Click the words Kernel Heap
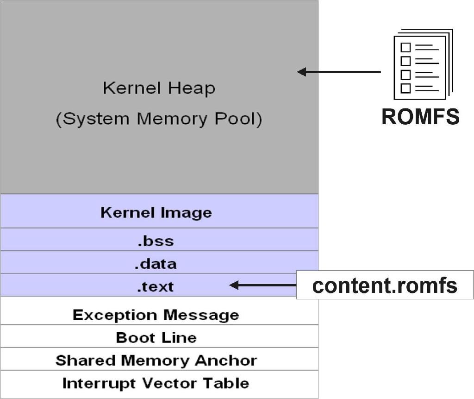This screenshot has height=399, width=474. tap(159, 88)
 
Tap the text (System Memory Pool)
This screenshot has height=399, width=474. tap(159, 119)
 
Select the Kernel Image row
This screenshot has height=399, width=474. tap(156, 213)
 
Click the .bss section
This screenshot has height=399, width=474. tap(156, 241)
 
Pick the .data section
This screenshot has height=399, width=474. tap(156, 264)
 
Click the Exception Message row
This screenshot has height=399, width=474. tap(156, 315)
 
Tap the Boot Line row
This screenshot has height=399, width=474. tap(156, 337)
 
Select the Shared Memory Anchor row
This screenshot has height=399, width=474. tap(156, 361)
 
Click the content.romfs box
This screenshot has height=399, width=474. tap(385, 285)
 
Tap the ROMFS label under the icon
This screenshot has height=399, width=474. tap(420, 116)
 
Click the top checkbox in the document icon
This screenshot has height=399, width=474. tap(405, 47)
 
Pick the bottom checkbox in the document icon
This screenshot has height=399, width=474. tap(405, 88)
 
